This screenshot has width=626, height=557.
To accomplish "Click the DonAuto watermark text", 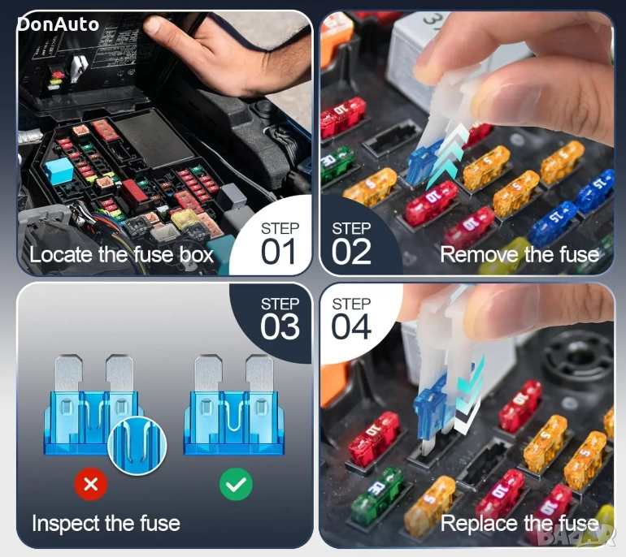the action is [59, 24].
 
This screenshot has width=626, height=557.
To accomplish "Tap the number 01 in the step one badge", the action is [278, 251].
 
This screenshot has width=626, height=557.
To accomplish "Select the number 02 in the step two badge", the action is [351, 251].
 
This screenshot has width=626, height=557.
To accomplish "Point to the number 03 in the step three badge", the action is [280, 326].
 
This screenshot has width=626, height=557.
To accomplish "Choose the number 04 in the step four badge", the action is [351, 326].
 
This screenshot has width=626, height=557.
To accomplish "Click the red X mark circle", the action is [91, 484].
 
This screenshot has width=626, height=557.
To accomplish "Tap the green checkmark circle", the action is [236, 484].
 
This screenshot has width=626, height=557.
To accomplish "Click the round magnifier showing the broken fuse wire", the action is [137, 446].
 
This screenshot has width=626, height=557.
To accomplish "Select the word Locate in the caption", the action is [61, 254].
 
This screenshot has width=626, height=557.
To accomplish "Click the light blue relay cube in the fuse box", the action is [59, 171].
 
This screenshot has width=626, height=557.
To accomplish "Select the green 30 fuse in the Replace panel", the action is [377, 494].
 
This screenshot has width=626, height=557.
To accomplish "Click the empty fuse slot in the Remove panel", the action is [392, 137].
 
